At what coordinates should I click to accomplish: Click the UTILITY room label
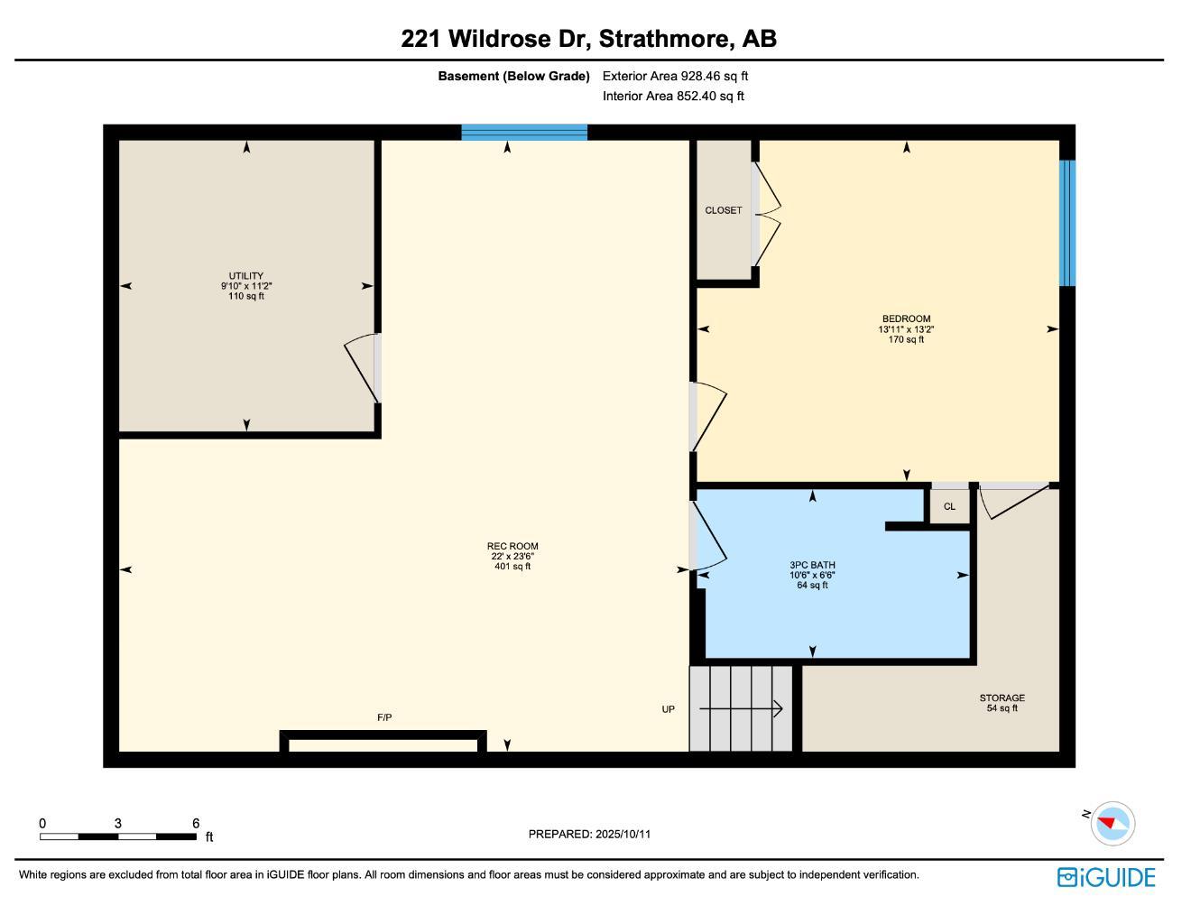tap(245, 276)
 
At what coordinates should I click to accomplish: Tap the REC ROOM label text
tap(512, 546)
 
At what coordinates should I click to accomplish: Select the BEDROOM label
tap(906, 319)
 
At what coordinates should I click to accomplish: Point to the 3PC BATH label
tap(812, 566)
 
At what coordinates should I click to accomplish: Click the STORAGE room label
tap(1002, 698)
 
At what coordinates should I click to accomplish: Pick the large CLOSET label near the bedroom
tap(724, 210)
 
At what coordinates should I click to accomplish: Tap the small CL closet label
tap(949, 506)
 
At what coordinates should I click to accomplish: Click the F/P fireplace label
tap(384, 717)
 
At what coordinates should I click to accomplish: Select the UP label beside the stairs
tap(668, 709)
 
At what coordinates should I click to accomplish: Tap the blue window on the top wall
tap(524, 133)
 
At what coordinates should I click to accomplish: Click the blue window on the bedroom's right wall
tap(1066, 223)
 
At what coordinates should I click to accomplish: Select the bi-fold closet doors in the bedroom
tap(767, 215)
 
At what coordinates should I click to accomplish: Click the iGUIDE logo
tap(1106, 877)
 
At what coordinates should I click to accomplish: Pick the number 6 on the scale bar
tap(196, 823)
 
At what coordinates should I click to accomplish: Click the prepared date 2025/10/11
tap(623, 834)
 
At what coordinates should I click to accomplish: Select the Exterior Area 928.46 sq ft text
tap(675, 76)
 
